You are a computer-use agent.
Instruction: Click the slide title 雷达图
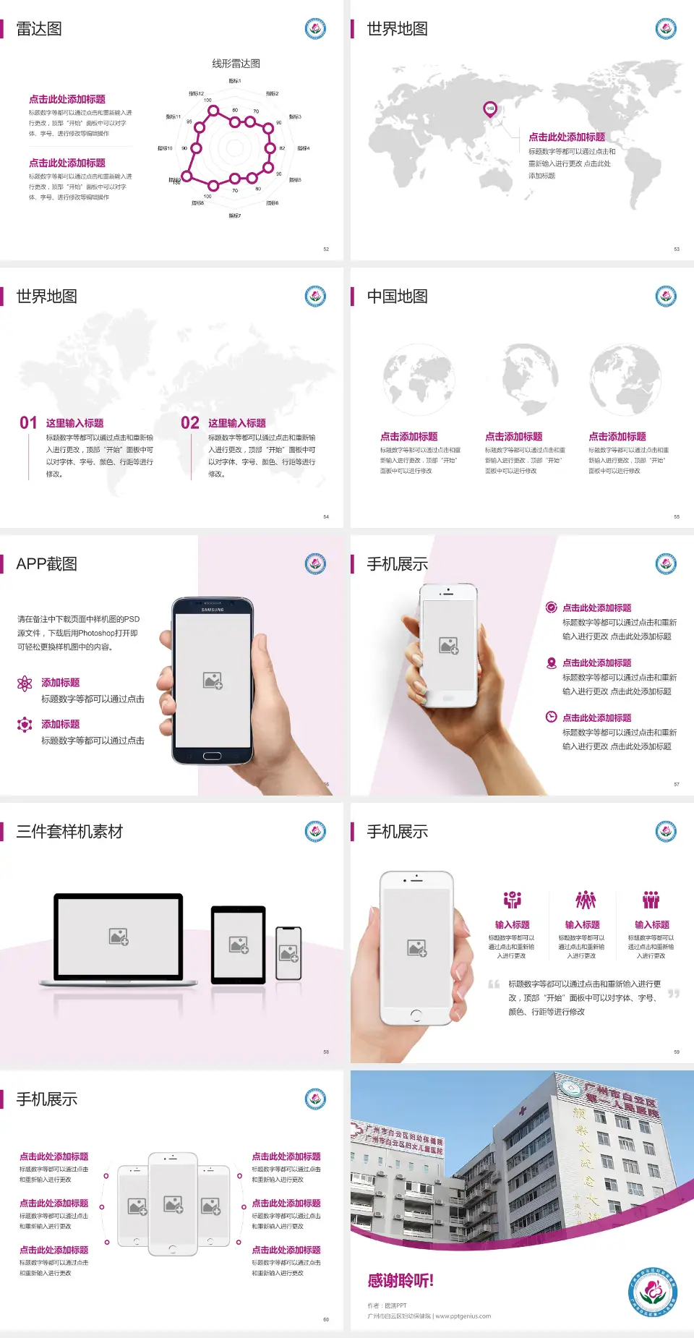click(39, 29)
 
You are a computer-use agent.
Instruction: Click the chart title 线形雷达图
click(236, 64)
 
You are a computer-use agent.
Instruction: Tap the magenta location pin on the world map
click(489, 109)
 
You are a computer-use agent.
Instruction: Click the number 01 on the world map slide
click(28, 423)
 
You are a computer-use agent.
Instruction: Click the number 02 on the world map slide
click(190, 423)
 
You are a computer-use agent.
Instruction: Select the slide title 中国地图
click(397, 297)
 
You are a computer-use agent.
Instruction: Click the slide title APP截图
click(47, 564)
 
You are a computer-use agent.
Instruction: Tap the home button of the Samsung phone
click(212, 756)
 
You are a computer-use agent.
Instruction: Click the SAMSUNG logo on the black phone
click(213, 610)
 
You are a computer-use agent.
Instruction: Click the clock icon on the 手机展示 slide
click(551, 717)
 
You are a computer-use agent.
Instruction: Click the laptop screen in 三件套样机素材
click(119, 936)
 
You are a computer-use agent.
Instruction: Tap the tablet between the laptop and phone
click(239, 944)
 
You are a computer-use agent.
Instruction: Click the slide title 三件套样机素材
click(69, 832)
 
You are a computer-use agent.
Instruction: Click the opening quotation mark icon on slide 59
click(494, 984)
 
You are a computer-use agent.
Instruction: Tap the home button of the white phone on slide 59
click(416, 1015)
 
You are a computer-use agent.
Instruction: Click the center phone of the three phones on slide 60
click(173, 1203)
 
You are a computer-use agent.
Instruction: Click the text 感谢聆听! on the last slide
click(400, 1281)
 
